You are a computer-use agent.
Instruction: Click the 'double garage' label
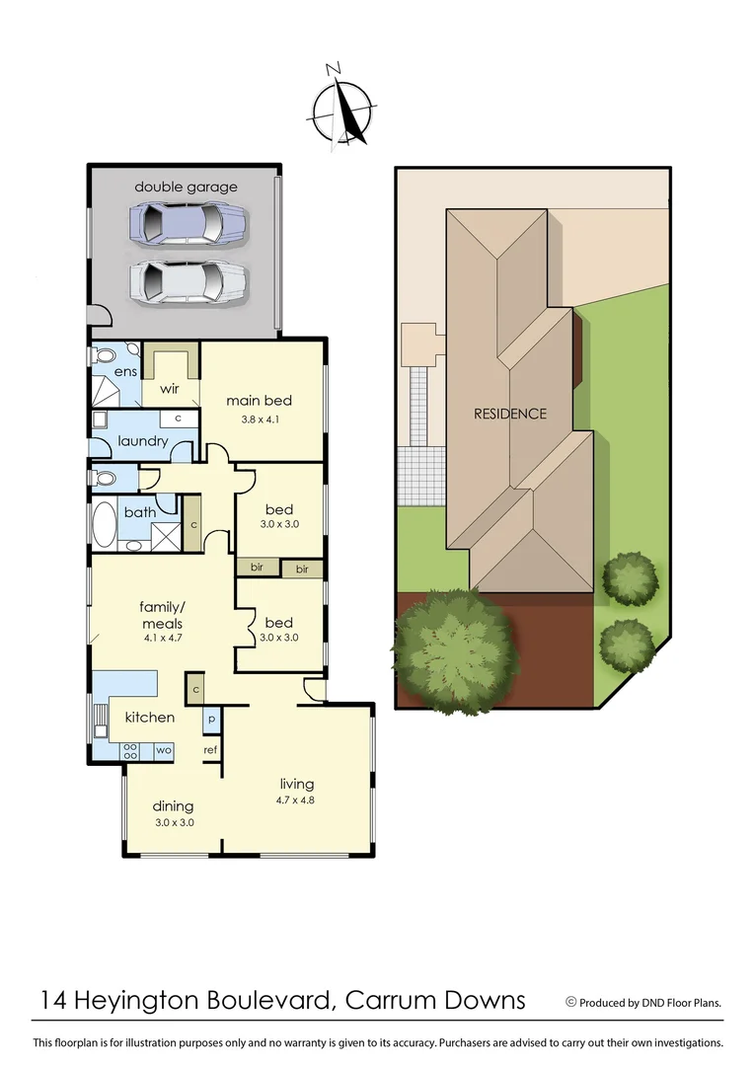[186, 187]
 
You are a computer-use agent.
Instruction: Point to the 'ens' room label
[124, 371]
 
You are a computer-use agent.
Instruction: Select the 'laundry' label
[143, 440]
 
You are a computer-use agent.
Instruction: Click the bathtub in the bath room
[104, 524]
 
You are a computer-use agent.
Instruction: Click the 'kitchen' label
[149, 717]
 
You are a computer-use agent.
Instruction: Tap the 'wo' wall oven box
[164, 750]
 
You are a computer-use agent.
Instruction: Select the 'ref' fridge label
[210, 750]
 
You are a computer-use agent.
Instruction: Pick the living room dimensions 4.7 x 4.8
[295, 800]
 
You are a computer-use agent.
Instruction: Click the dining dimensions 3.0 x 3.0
[173, 822]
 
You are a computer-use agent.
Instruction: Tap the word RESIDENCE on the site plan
[509, 414]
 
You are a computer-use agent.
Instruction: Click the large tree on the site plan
[456, 648]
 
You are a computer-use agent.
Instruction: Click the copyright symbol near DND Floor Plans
[570, 1001]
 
